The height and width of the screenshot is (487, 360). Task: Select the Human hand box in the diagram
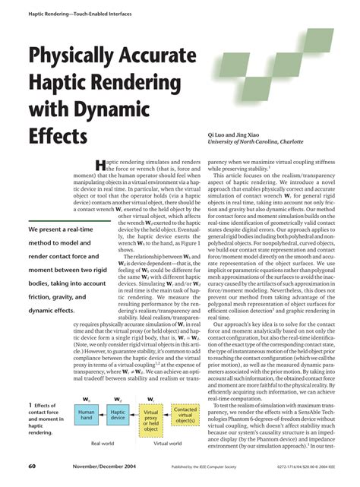[x=86, y=415]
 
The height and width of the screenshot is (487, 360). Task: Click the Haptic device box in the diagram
[x=118, y=415]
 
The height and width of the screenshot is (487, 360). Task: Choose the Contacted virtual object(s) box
[x=185, y=415]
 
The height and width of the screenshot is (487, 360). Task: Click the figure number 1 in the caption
[x=29, y=405]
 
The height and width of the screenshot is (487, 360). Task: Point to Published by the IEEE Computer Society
[x=204, y=466]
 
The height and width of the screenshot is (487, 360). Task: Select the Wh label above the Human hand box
[x=86, y=397]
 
